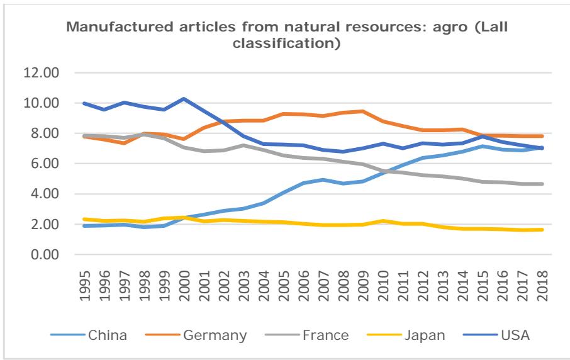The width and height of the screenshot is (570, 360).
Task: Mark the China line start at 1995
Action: [x=84, y=225]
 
